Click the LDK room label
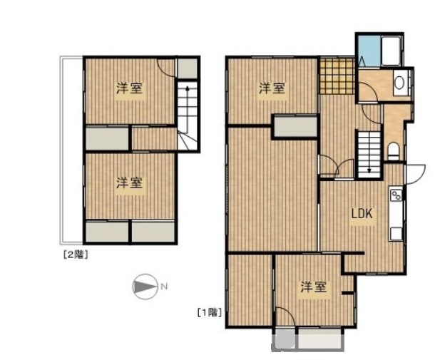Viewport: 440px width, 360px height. click(362, 214)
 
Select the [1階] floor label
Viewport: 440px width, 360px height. click(210, 312)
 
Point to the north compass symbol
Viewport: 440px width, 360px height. click(145, 287)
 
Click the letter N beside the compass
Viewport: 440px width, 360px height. click(164, 287)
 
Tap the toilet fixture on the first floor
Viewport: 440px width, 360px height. click(394, 151)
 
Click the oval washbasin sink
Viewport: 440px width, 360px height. click(399, 83)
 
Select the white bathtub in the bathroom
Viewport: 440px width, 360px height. click(390, 51)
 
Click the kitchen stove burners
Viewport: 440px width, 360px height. click(396, 195)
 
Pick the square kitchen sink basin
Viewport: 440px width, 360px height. click(396, 234)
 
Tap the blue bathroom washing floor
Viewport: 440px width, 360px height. click(369, 51)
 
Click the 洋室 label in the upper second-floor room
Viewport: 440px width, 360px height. click(129, 88)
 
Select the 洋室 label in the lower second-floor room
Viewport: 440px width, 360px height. click(129, 183)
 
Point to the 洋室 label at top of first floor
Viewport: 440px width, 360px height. click(272, 88)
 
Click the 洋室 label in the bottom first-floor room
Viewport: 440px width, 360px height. click(314, 287)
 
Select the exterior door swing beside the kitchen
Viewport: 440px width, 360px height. click(416, 175)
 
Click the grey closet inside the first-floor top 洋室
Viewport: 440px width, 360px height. click(295, 127)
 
